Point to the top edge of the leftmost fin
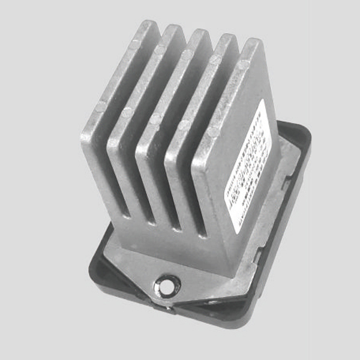147,26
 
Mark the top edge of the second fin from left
173,30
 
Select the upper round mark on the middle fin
186,54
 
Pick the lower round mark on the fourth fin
184,125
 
